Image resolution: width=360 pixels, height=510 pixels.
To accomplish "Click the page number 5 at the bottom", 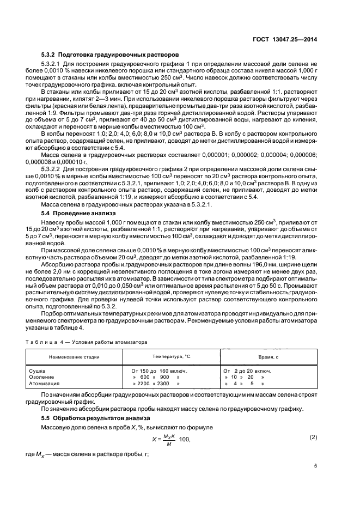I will (315, 466).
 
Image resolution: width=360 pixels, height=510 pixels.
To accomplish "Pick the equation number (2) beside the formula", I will (313, 437).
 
